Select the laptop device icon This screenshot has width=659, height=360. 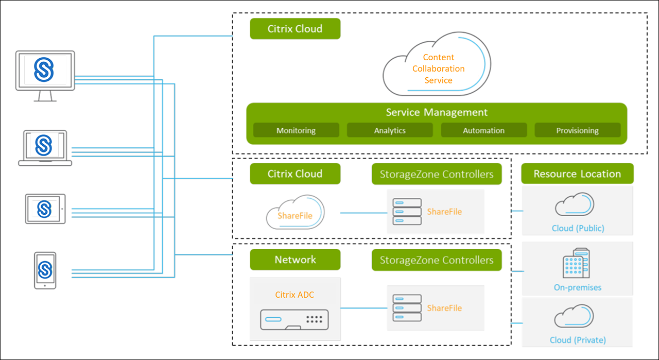(x=45, y=148)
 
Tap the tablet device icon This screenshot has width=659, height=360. (x=45, y=209)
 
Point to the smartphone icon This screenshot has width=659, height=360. (x=45, y=270)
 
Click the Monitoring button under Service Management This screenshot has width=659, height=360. (x=296, y=130)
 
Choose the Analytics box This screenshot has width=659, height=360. (x=390, y=130)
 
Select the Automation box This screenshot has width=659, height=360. (x=483, y=130)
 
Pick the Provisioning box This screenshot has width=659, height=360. (x=577, y=130)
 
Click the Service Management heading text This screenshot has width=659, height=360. (x=437, y=112)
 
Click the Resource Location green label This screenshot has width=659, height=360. (x=577, y=174)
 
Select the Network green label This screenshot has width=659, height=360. (x=295, y=260)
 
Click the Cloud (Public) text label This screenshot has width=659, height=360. (x=578, y=228)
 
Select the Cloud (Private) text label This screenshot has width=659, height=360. (x=578, y=340)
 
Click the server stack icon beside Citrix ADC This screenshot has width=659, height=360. (x=407, y=308)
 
